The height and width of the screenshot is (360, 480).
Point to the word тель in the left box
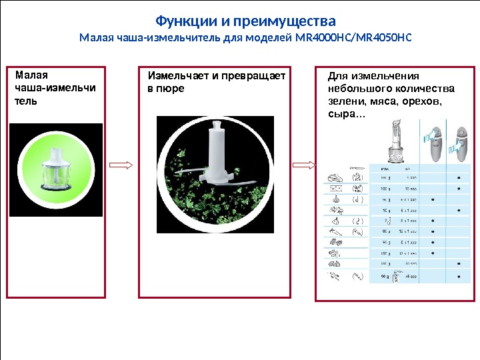pos(26,101)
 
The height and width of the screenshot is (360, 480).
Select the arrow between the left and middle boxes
pos(121,165)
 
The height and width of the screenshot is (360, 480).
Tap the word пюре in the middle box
pos(171,89)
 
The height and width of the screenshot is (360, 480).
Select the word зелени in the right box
pos(345,101)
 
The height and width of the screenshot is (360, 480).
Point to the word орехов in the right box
pos(421,101)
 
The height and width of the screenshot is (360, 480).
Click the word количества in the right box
pos(421,89)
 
